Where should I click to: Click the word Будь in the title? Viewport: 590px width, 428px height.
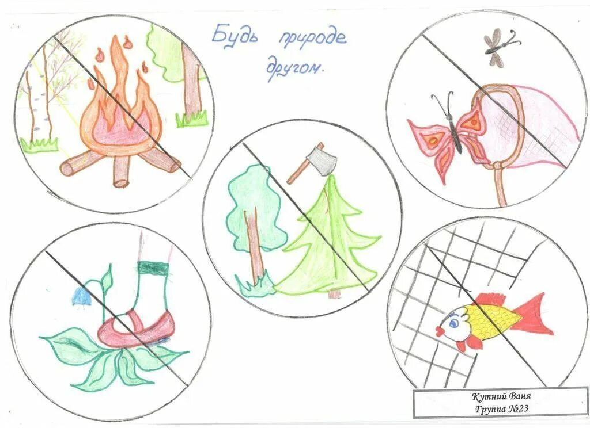[235, 36]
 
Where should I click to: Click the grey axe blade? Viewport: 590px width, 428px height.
[323, 161]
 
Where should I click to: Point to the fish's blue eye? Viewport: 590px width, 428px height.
[453, 323]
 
